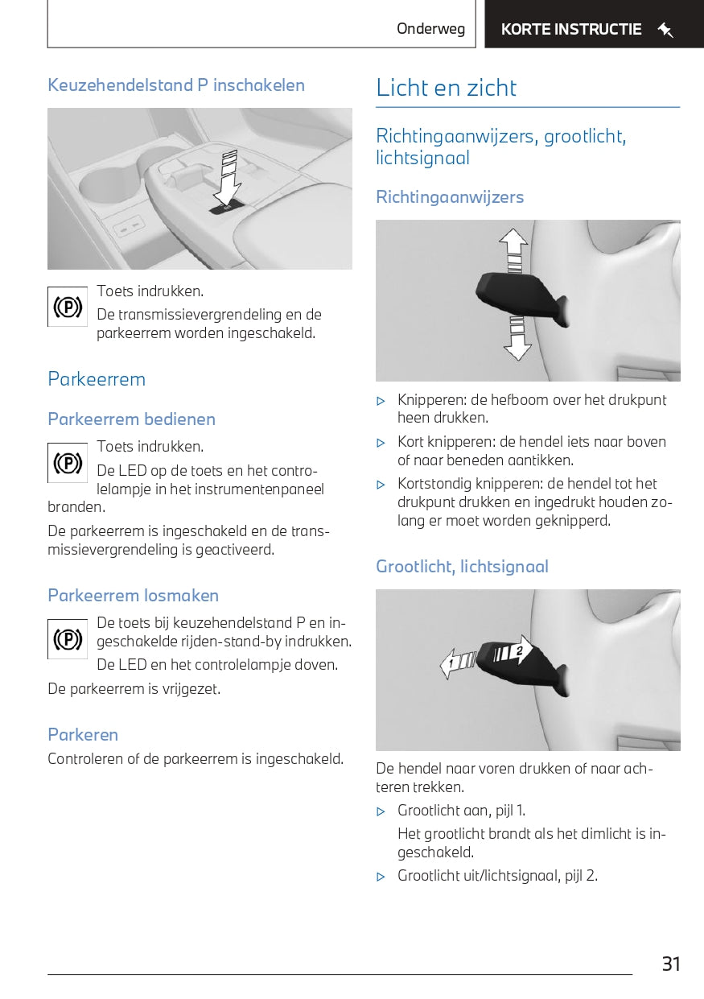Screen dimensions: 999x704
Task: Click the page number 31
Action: pyautogui.click(x=671, y=964)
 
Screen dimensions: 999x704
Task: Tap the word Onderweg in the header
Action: pyautogui.click(x=430, y=29)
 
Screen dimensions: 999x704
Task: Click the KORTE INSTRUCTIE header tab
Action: pyautogui.click(x=571, y=30)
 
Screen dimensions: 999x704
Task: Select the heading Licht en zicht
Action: pyautogui.click(x=446, y=88)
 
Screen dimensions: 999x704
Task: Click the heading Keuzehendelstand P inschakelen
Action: pyautogui.click(x=176, y=85)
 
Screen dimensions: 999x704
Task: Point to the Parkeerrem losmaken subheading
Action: pyautogui.click(x=133, y=596)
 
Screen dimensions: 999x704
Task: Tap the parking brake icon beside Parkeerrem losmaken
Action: pyautogui.click(x=68, y=639)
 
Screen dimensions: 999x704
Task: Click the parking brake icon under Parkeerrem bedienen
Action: pyautogui.click(x=68, y=463)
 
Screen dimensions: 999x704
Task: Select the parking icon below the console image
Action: pyautogui.click(x=68, y=307)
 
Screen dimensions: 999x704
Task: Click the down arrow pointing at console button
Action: pyautogui.click(x=228, y=182)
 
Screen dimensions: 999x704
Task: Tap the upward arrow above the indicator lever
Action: pyautogui.click(x=513, y=246)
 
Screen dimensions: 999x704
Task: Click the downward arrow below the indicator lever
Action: pyautogui.click(x=517, y=339)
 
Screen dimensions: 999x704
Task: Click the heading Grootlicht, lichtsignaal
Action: pyautogui.click(x=462, y=567)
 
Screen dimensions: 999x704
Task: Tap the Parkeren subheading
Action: pyautogui.click(x=83, y=735)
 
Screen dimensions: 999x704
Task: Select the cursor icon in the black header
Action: pyautogui.click(x=665, y=31)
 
